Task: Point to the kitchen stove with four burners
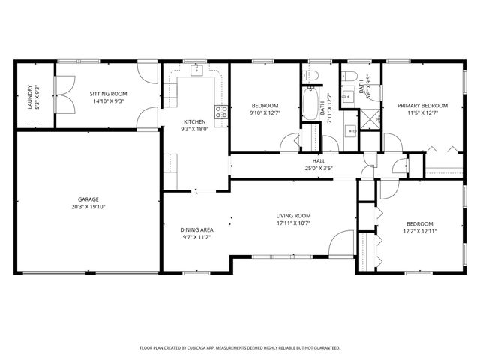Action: [x=222, y=112]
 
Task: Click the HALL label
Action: [x=319, y=161]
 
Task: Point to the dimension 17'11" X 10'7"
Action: [x=292, y=223]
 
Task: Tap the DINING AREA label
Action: [x=196, y=229]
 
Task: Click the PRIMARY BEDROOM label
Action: [x=422, y=106]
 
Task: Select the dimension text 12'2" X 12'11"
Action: [x=419, y=232]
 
